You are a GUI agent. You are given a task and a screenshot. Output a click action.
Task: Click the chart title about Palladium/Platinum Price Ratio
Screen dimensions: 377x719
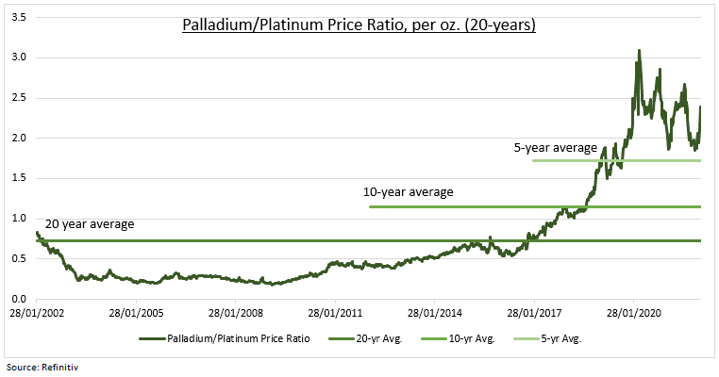click(359, 25)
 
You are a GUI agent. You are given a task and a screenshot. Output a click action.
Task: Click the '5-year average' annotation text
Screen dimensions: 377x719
click(555, 148)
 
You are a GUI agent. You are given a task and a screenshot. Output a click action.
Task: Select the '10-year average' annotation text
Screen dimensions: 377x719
click(408, 192)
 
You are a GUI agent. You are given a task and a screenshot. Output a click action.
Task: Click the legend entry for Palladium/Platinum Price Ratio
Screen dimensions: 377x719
click(234, 337)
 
